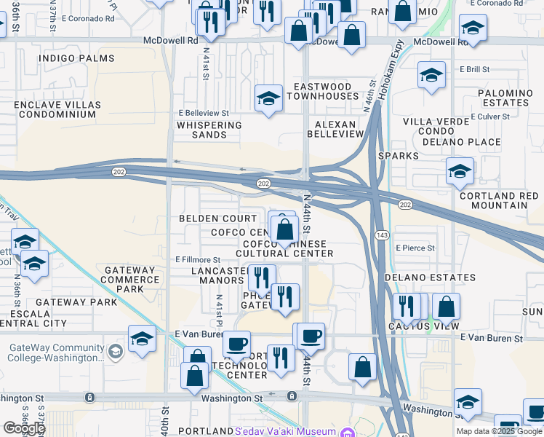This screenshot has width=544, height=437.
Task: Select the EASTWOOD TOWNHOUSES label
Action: (x=322, y=91)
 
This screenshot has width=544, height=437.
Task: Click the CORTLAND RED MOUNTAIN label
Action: (x=499, y=200)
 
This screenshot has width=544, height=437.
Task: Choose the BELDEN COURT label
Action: (x=218, y=219)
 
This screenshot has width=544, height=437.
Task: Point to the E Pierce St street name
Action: (x=415, y=248)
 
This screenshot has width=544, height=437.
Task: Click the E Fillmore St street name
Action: (x=198, y=259)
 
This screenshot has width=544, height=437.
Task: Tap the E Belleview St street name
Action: (x=204, y=114)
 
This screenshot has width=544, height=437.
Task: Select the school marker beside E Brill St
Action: (x=431, y=76)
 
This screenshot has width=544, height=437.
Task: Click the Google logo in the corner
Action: (x=23, y=428)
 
